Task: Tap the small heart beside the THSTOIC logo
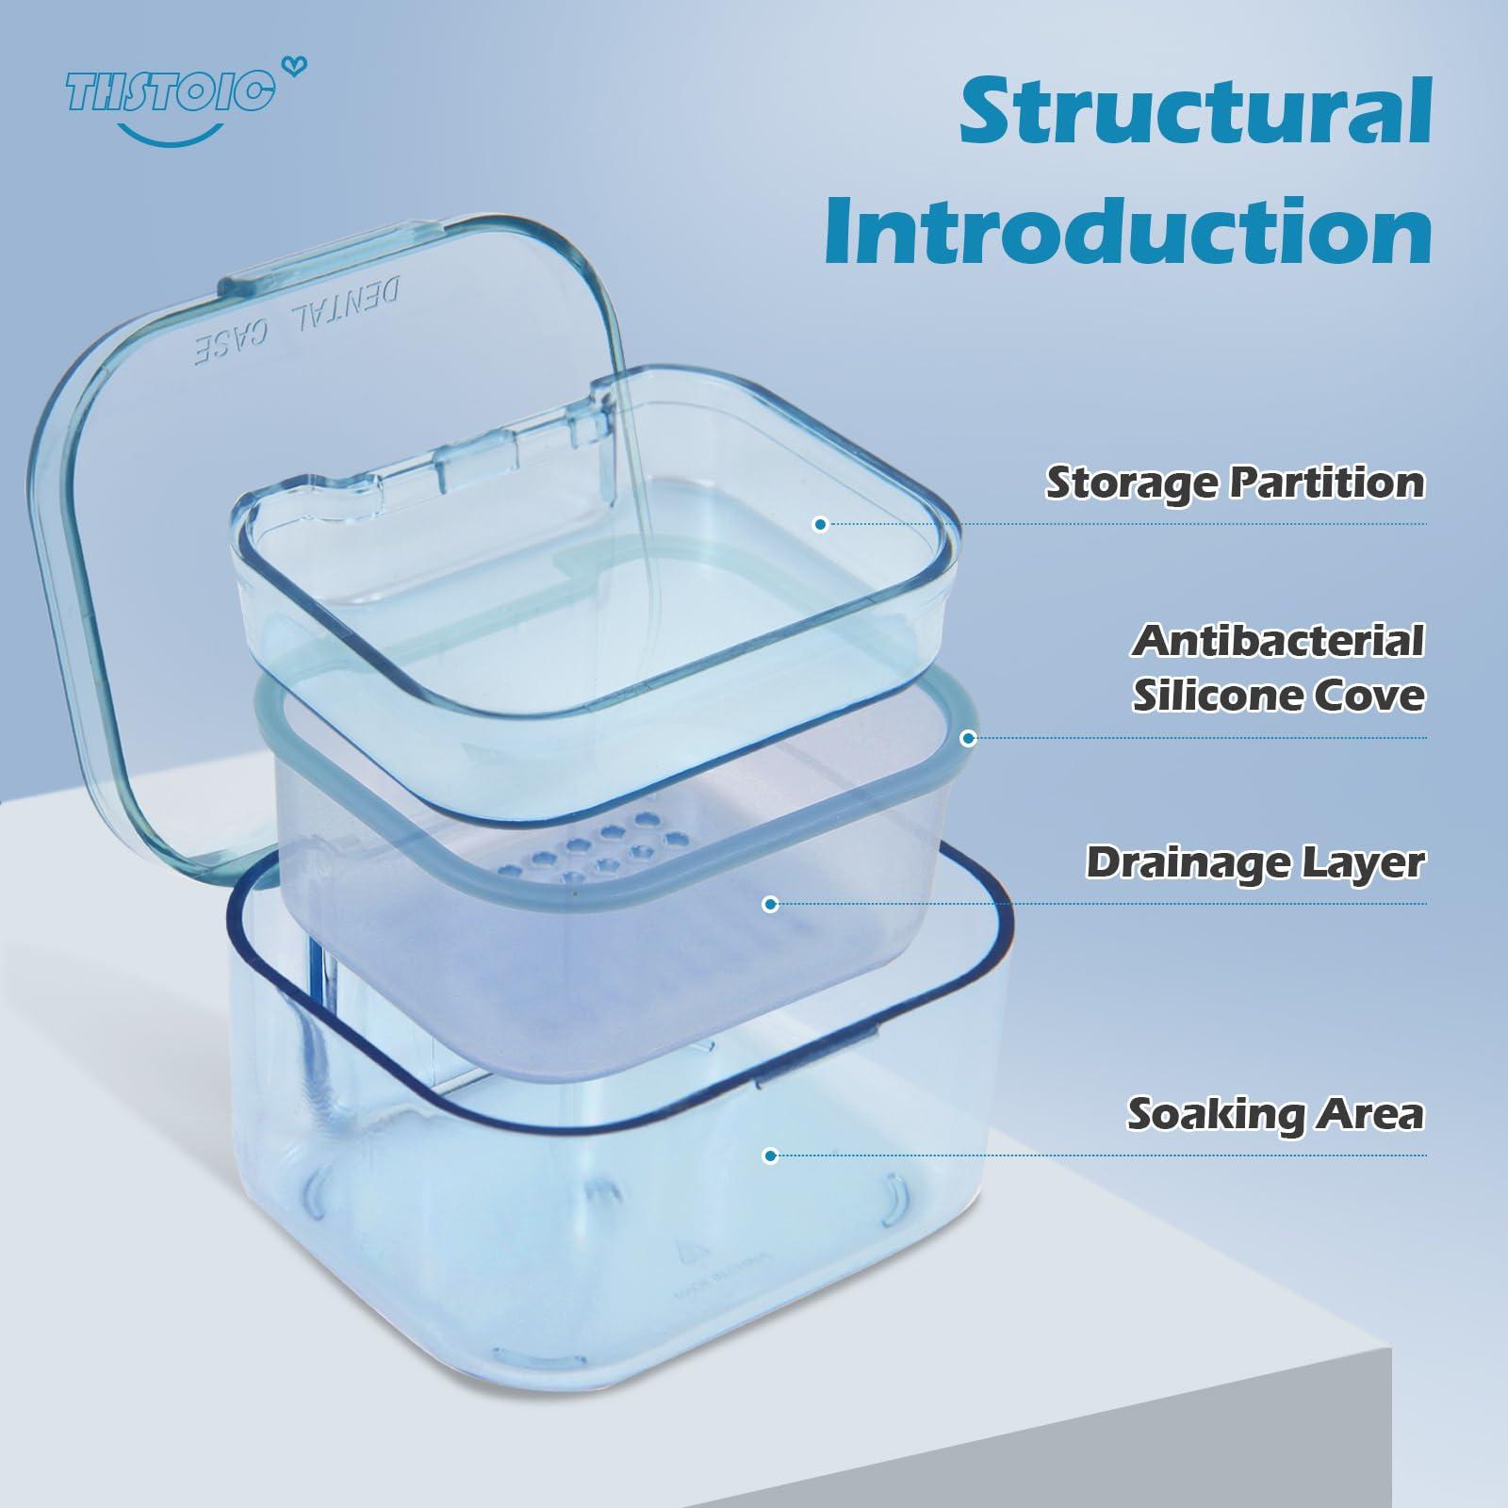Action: [299, 66]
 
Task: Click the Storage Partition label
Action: [1235, 483]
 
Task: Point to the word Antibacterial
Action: [1278, 641]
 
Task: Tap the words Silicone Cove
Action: [1278, 696]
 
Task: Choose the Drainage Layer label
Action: [1254, 862]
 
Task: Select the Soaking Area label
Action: [1274, 1114]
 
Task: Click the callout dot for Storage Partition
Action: [820, 524]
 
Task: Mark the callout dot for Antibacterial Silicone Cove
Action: [967, 738]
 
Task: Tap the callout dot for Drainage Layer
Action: [770, 905]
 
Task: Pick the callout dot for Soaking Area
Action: [770, 1156]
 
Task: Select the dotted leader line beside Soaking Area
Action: [1103, 1156]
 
